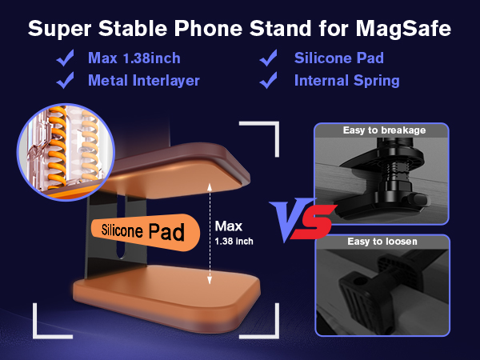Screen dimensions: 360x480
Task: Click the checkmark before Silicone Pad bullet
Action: click(270, 58)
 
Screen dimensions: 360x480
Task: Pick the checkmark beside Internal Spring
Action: click(270, 80)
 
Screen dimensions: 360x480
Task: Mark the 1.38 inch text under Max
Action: click(234, 240)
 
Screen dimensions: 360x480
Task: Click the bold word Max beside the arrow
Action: click(228, 226)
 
